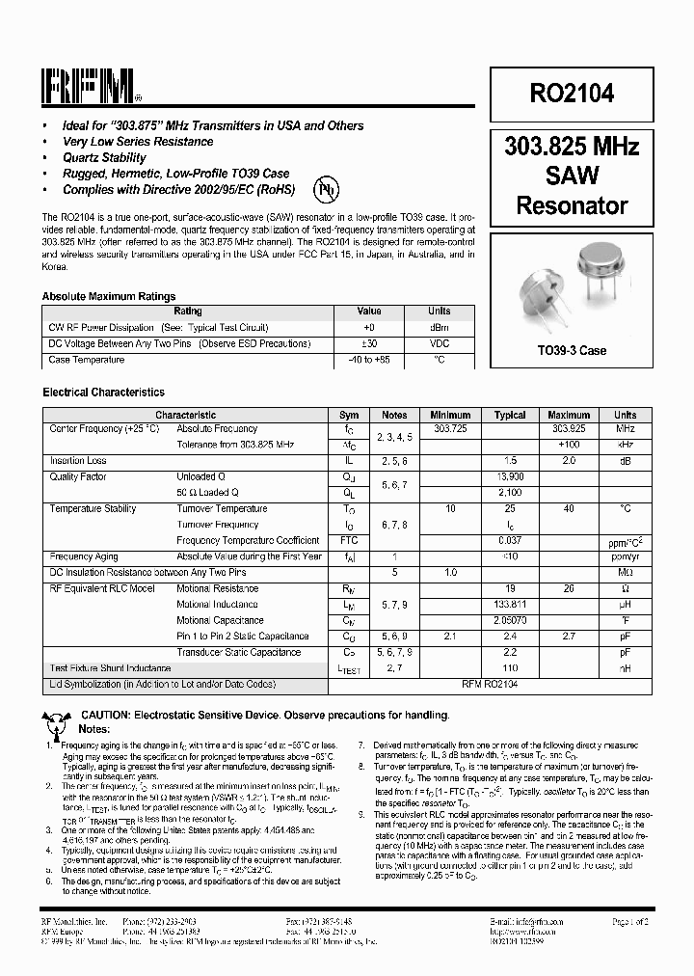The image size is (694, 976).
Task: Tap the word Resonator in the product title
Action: point(572,204)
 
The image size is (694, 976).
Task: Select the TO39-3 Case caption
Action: point(572,350)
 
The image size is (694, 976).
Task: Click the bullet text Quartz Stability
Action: point(104,157)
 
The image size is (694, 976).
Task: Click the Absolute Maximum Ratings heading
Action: point(109,296)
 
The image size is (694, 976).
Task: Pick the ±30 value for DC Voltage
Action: point(369,343)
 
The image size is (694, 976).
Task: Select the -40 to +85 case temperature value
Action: point(369,360)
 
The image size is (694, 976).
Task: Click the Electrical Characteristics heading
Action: point(103,393)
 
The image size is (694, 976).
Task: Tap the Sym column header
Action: point(349,415)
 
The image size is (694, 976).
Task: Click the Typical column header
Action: point(510,415)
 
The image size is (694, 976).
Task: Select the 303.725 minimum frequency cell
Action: point(450,428)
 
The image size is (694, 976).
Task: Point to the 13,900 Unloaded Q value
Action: point(510,476)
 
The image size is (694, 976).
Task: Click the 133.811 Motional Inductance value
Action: point(510,605)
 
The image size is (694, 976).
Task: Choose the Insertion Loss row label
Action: point(78,461)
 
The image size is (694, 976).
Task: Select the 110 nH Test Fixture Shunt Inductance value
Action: point(510,668)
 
